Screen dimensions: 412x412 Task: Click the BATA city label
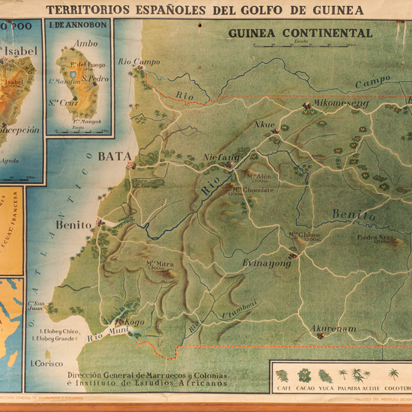pos(115,157)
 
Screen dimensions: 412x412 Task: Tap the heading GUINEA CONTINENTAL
pos(300,34)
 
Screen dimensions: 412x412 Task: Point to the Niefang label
pos(222,158)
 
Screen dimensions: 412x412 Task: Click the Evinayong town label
pos(266,264)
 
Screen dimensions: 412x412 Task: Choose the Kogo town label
pos(134,322)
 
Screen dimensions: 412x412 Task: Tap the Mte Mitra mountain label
pos(160,264)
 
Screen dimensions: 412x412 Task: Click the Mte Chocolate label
pos(252,190)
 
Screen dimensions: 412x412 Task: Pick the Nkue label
pos(265,124)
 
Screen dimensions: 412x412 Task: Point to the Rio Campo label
pos(139,61)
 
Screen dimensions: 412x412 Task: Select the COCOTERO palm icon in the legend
pos(393,375)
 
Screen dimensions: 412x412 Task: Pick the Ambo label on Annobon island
pos(85,43)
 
